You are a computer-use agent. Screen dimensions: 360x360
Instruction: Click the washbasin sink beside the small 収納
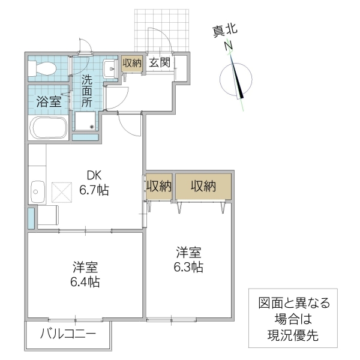[110, 68]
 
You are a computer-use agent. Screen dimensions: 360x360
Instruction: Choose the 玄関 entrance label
[160, 62]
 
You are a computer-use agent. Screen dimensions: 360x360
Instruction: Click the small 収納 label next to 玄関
[132, 62]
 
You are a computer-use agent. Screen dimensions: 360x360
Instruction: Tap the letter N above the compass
[228, 46]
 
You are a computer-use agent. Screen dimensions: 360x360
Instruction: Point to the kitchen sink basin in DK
[37, 193]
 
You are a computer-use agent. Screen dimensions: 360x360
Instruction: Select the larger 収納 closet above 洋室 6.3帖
[203, 187]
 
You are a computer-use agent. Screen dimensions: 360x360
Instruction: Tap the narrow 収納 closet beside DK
[159, 187]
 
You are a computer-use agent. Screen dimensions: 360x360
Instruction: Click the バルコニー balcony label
[67, 334]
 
